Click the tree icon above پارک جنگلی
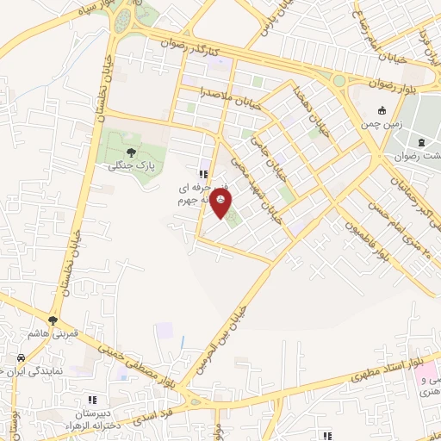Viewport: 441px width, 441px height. point(131,152)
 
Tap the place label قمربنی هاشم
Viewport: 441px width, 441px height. point(52,333)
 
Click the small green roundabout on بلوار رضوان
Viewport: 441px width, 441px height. point(339,81)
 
